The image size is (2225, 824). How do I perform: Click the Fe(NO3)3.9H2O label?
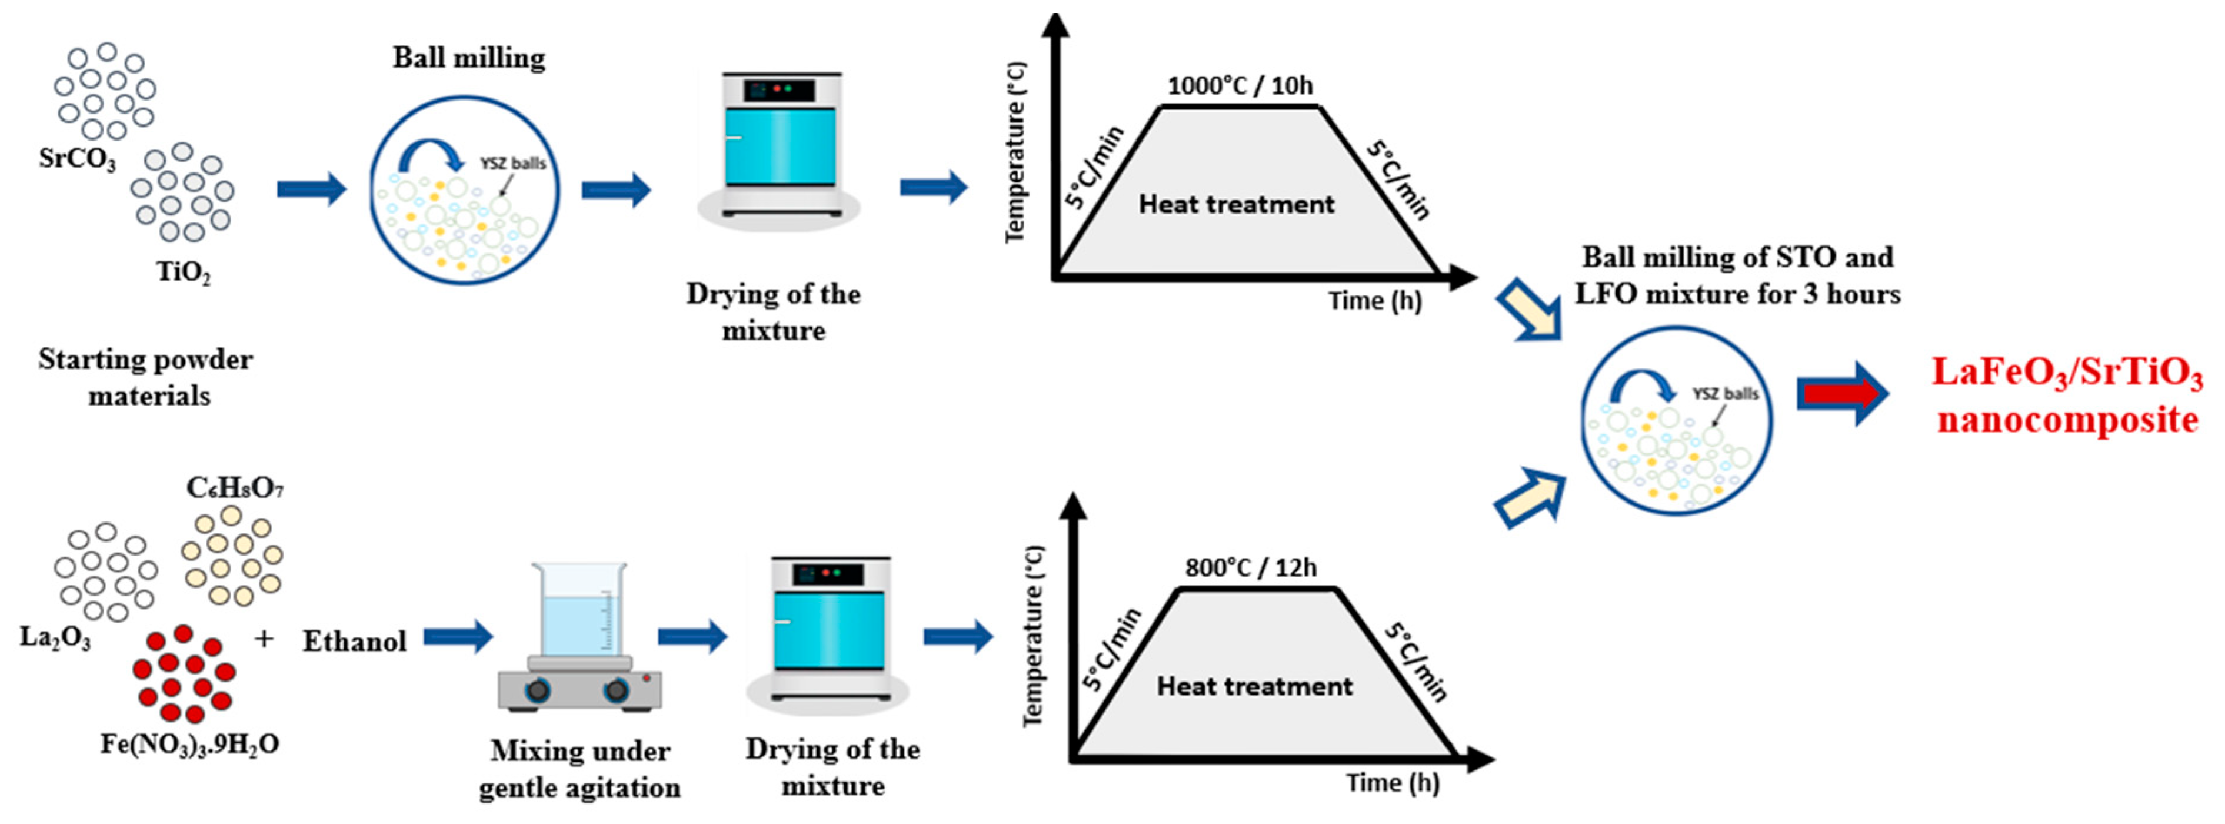click(189, 744)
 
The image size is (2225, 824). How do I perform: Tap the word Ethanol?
click(354, 641)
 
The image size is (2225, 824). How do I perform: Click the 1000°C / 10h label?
click(1240, 85)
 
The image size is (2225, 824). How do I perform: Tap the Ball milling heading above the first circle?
click(469, 58)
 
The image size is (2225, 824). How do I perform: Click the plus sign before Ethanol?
click(264, 639)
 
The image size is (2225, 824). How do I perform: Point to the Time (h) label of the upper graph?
click(1374, 301)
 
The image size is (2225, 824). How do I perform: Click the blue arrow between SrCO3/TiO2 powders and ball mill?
click(311, 189)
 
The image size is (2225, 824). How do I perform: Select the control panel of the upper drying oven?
click(781, 90)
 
